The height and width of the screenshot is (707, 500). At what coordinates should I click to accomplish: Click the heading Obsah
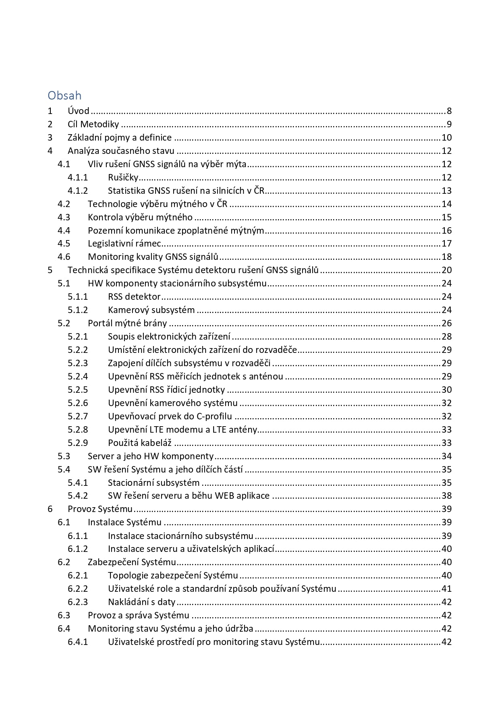click(64, 95)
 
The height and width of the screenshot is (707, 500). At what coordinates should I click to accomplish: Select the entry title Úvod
click(78, 111)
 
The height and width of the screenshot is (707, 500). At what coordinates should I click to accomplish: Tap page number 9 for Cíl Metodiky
click(448, 124)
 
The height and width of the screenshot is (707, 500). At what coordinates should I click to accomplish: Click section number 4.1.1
click(77, 178)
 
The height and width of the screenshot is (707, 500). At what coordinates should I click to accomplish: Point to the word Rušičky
click(123, 178)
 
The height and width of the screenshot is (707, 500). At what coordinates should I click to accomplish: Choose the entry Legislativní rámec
click(124, 244)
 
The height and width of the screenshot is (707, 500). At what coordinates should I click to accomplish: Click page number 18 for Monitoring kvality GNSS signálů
click(446, 257)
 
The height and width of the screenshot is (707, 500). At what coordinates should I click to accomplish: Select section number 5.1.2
click(77, 310)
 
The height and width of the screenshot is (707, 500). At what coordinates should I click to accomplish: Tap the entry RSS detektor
click(134, 297)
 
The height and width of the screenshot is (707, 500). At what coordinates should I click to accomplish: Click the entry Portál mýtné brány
click(127, 323)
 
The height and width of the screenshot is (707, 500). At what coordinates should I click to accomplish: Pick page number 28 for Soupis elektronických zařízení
click(446, 337)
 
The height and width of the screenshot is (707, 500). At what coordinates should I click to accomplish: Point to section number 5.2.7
click(77, 417)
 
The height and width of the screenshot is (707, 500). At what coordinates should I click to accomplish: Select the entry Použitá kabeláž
click(140, 443)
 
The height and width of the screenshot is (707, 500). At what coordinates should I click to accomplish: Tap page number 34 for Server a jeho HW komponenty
click(446, 456)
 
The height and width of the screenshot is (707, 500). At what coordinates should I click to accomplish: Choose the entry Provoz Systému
click(100, 509)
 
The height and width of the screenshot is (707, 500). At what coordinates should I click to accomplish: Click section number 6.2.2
click(77, 589)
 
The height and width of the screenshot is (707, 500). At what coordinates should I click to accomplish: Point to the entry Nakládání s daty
click(141, 602)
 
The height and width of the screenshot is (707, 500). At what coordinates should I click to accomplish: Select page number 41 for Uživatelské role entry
click(446, 589)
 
